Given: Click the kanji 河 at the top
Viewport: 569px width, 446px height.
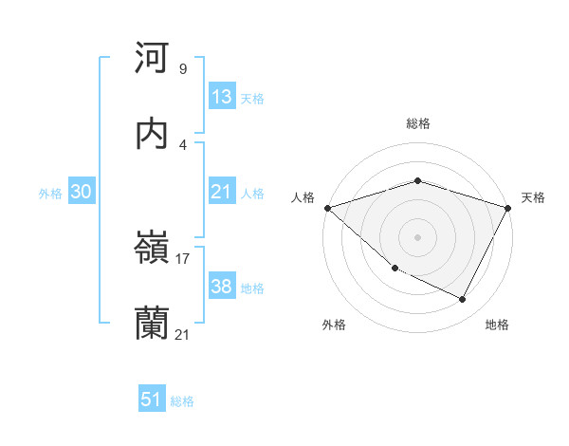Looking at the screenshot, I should [153, 60].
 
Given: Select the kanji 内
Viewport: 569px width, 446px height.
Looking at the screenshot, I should [153, 134].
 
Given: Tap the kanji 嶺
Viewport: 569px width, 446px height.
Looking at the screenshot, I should [153, 250].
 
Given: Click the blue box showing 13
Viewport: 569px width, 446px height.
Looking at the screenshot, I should [222, 97].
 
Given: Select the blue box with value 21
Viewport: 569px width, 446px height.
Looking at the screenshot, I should [222, 192].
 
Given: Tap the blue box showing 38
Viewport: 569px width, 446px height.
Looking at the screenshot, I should [222, 287].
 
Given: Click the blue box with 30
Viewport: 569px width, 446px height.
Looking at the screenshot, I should [82, 192].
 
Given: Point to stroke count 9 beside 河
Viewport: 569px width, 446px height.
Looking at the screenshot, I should [183, 69].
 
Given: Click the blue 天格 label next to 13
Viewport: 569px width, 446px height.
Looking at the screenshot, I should [252, 98].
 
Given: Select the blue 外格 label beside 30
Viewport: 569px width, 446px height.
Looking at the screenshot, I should [50, 193].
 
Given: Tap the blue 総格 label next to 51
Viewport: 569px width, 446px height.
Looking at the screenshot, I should [182, 401].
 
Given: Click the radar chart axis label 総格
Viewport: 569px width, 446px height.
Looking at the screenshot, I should [418, 123].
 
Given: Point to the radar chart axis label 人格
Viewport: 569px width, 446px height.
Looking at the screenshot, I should [303, 197].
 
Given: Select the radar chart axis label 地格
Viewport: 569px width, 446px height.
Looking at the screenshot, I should [497, 325].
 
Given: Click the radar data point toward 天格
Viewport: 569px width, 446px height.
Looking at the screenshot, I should [508, 208].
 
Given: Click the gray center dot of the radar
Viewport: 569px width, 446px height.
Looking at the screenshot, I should [418, 236].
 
